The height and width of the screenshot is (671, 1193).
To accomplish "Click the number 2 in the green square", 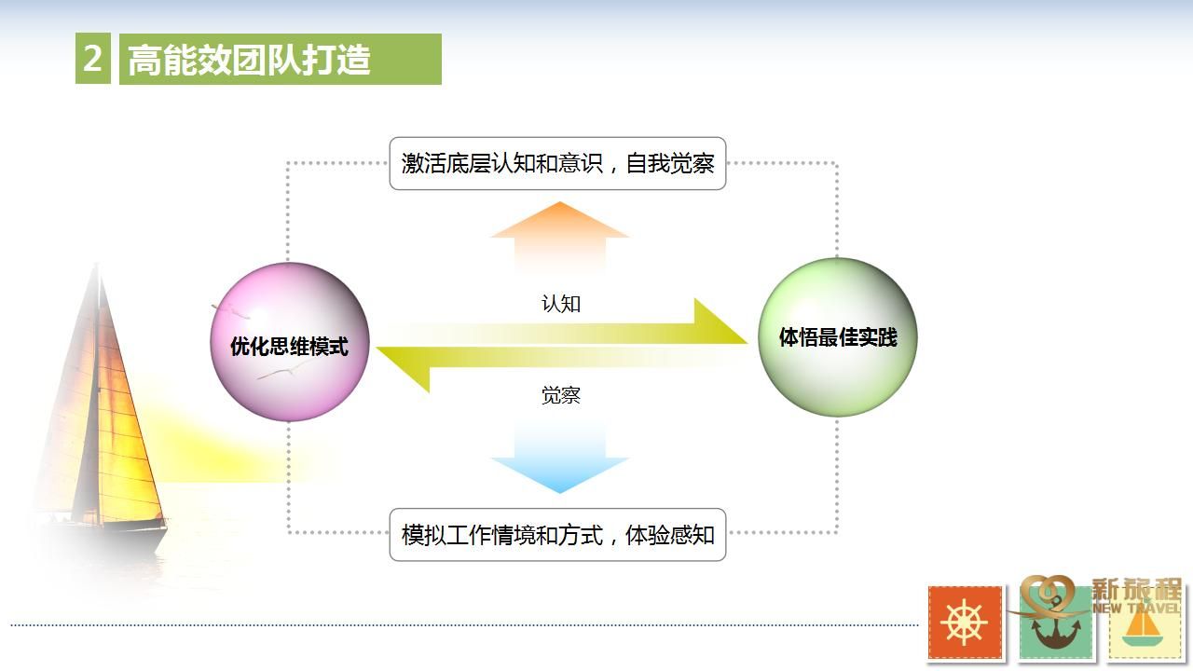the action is [92, 58].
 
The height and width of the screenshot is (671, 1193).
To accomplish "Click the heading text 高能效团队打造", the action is [249, 59].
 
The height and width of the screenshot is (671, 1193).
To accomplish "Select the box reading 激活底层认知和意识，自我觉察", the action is [557, 163].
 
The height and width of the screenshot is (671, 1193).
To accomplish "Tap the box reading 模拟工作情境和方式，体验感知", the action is [557, 535].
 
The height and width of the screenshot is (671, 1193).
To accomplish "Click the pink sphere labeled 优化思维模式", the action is [290, 342].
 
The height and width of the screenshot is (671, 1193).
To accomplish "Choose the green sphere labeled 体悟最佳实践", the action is [838, 337].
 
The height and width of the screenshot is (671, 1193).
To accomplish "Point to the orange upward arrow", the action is [560, 237].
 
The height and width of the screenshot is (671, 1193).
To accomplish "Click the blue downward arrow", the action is [560, 457].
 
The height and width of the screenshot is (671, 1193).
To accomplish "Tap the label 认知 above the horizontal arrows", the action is [561, 304].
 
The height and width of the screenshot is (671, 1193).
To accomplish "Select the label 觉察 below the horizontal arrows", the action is [561, 395].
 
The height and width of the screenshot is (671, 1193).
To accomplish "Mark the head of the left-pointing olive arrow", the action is [404, 368].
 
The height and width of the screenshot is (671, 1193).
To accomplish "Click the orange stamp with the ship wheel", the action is [965, 623].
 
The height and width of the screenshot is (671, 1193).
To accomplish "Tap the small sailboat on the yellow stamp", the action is [1143, 628].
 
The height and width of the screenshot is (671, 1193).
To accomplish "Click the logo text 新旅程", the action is [1136, 590].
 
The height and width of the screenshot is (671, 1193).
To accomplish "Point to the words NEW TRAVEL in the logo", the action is [1136, 607].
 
